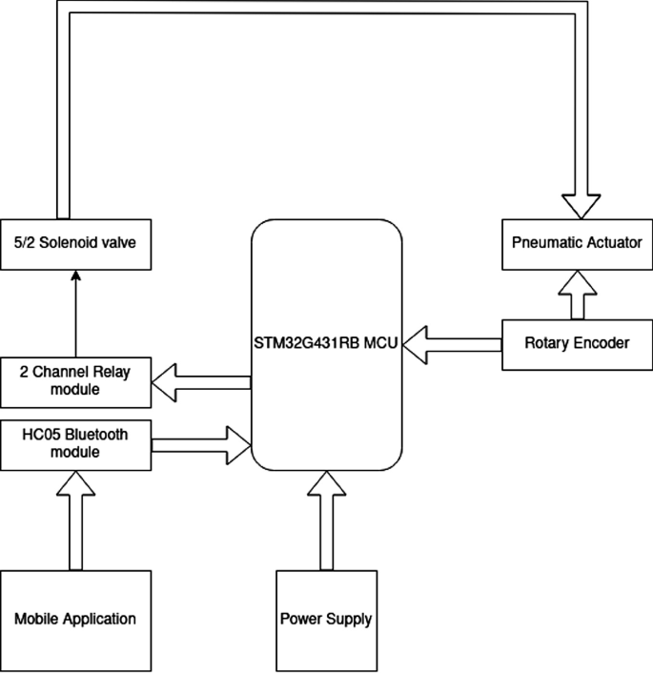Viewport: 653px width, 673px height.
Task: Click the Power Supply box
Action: (326, 618)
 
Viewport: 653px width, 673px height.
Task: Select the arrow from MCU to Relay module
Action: (200, 383)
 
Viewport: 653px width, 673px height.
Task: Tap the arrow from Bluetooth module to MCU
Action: (200, 443)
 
